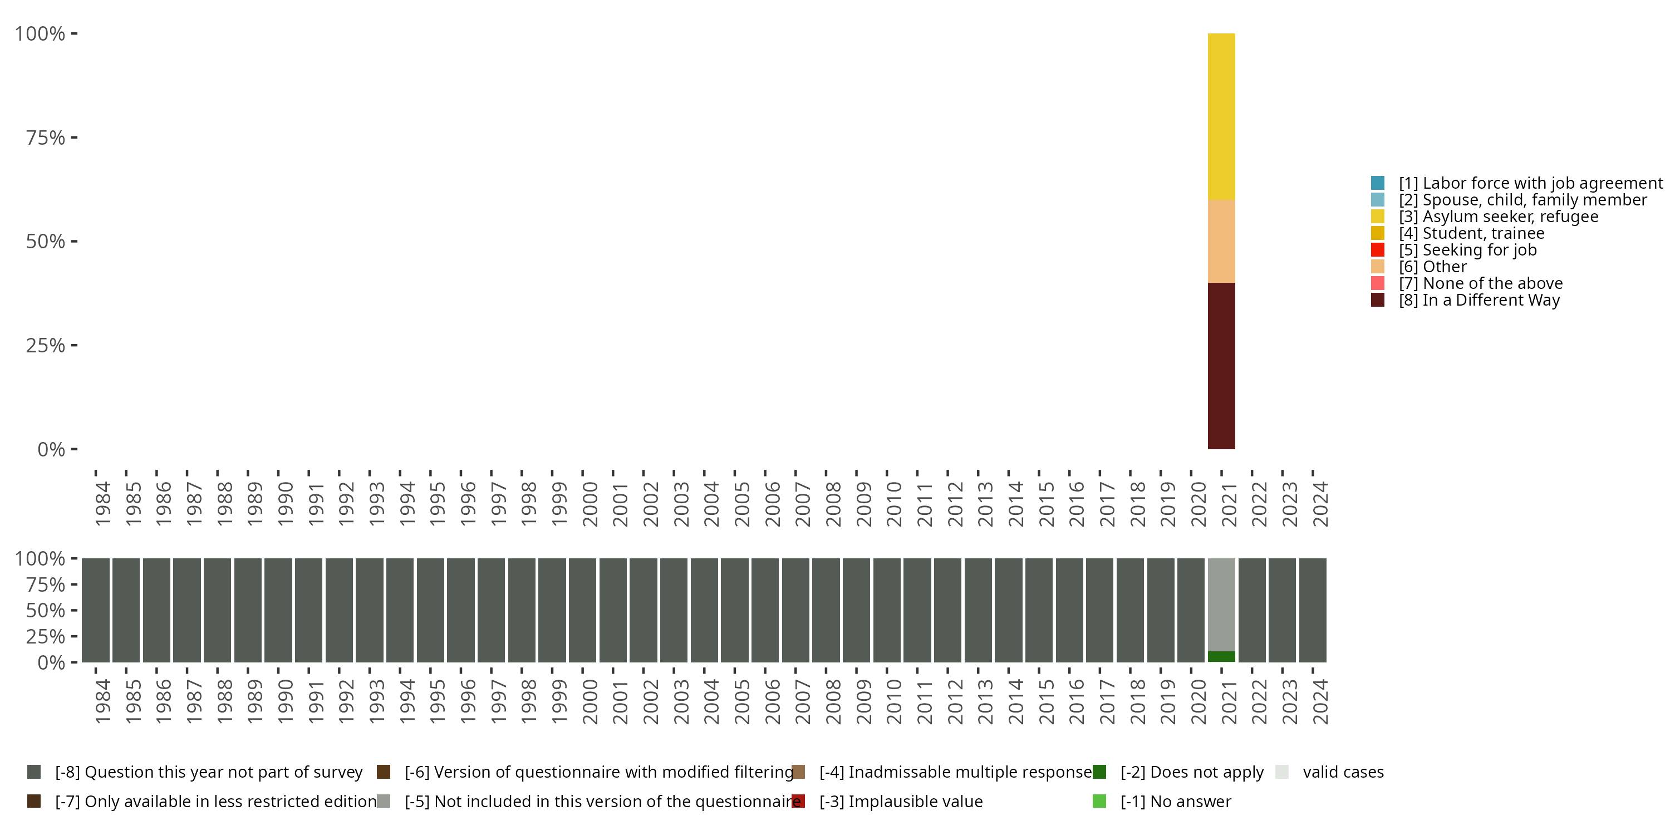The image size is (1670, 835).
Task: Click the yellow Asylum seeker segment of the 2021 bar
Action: pos(1221,117)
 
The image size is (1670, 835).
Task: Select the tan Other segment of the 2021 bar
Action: pos(1221,241)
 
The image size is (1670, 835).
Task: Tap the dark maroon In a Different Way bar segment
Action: pos(1221,366)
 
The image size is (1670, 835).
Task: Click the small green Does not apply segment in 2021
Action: pos(1221,656)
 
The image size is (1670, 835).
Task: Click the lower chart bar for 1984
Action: pos(95,610)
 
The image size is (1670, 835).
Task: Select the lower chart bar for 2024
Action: pos(1312,610)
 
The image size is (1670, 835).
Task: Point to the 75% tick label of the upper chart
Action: pos(46,137)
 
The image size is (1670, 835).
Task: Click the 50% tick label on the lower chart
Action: pos(46,610)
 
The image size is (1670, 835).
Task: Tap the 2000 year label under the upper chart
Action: pos(590,504)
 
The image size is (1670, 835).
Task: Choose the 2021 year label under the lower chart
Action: pos(1229,701)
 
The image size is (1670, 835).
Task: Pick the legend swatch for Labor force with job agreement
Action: pos(1378,183)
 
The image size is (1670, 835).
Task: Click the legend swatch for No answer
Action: pos(1099,801)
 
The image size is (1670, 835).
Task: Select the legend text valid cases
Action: pos(1343,772)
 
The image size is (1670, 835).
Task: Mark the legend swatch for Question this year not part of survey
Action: pos(34,772)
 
